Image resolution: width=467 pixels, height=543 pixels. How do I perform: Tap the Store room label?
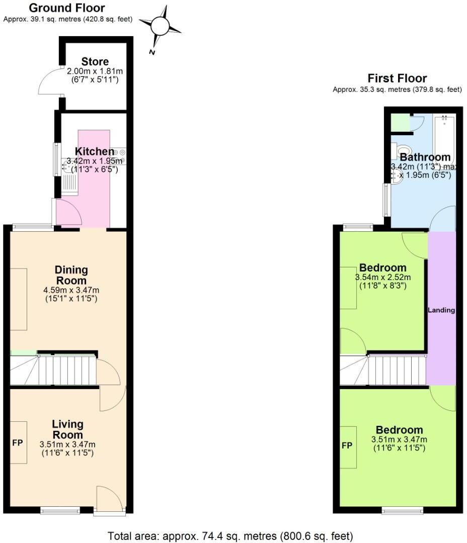(95, 62)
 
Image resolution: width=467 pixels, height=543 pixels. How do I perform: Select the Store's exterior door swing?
(50, 82)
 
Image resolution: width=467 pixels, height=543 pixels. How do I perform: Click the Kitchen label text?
(94, 151)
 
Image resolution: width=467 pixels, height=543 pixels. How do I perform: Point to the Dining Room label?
(71, 275)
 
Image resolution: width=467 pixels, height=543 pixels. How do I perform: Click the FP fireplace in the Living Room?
(19, 442)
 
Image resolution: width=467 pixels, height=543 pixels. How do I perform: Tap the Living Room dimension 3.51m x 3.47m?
(67, 444)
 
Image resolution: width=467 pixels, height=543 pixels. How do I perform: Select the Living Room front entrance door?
(109, 500)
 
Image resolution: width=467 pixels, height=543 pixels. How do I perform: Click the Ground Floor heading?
(67, 8)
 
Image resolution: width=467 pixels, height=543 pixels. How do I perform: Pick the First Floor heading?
(397, 78)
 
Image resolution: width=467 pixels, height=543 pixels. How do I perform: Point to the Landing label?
(441, 310)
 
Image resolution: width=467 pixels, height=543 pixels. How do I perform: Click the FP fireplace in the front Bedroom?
(348, 446)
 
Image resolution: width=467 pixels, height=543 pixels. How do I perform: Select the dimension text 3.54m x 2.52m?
(382, 278)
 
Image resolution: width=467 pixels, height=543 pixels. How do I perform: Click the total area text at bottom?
(231, 536)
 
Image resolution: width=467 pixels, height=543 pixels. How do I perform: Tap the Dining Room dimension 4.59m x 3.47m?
(71, 290)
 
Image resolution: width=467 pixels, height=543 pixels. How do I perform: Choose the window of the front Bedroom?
(399, 511)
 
